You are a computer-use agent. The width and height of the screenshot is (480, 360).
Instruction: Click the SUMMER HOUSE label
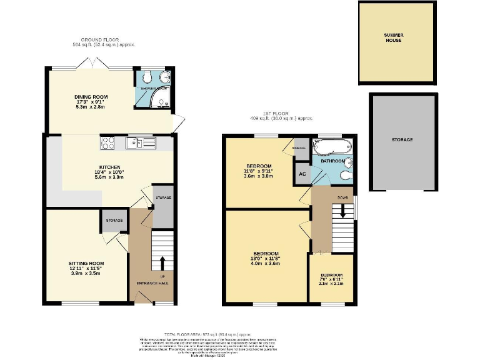pyautogui.click(x=393, y=37)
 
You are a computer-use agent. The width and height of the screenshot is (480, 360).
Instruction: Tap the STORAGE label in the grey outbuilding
pyautogui.click(x=402, y=139)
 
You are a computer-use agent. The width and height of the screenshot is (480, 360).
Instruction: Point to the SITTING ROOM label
pyautogui.click(x=86, y=264)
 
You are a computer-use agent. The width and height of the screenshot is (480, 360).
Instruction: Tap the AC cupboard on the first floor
pyautogui.click(x=301, y=174)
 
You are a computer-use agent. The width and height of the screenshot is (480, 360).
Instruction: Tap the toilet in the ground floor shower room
pyautogui.click(x=146, y=77)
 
